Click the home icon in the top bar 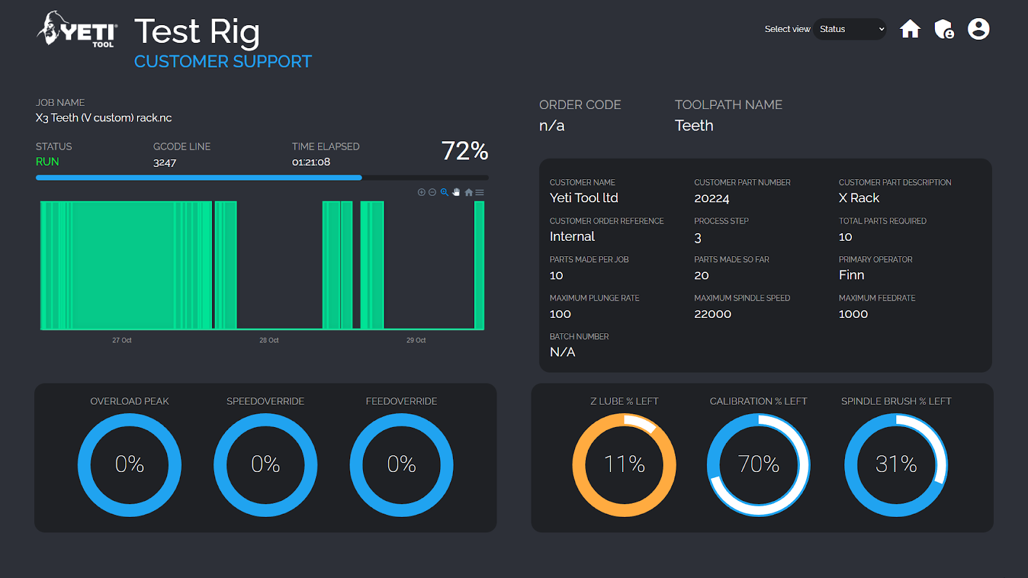pos(910,29)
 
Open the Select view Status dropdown pos(849,29)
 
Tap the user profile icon pos(979,29)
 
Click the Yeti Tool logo pos(78,30)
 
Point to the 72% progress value pos(465,151)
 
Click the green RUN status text pos(48,162)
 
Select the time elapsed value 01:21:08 pos(311,162)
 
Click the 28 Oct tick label pos(269,340)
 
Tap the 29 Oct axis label pos(416,340)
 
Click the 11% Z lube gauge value pos(624,464)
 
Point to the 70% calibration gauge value pos(758,464)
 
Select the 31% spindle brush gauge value pos(896,464)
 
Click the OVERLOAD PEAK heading pos(129,401)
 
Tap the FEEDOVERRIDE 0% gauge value pos(402,464)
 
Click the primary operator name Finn pos(851,275)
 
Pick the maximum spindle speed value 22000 pos(713,314)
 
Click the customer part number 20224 pos(712,198)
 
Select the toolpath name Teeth pos(694,125)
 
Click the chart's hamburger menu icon pos(479,193)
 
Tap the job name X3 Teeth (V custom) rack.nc pos(103,118)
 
